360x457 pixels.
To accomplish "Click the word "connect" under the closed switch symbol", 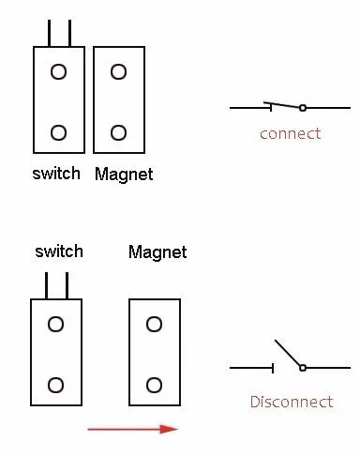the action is [291, 134].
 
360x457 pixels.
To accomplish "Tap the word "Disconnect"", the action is [292, 402].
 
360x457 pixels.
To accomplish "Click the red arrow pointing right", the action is [133, 429].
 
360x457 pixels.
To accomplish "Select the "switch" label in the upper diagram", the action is [56, 174].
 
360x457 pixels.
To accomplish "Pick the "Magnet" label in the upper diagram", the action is [124, 175].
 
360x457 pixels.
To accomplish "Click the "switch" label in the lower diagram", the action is [59, 251].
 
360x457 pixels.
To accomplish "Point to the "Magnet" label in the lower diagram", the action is [157, 252].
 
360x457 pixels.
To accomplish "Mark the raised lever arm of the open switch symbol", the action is [287, 353].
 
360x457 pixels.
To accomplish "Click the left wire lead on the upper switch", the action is [49, 34].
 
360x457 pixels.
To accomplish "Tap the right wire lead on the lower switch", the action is [67, 285].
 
